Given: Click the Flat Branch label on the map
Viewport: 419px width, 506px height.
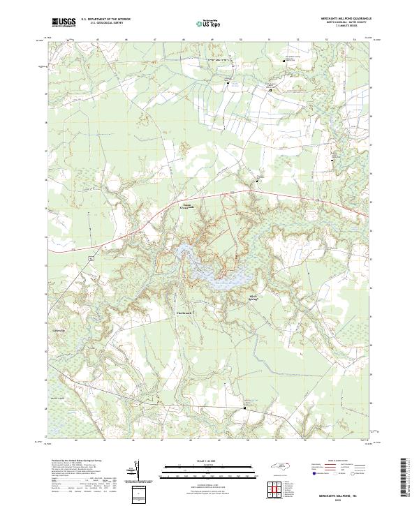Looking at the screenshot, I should [183, 313].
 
